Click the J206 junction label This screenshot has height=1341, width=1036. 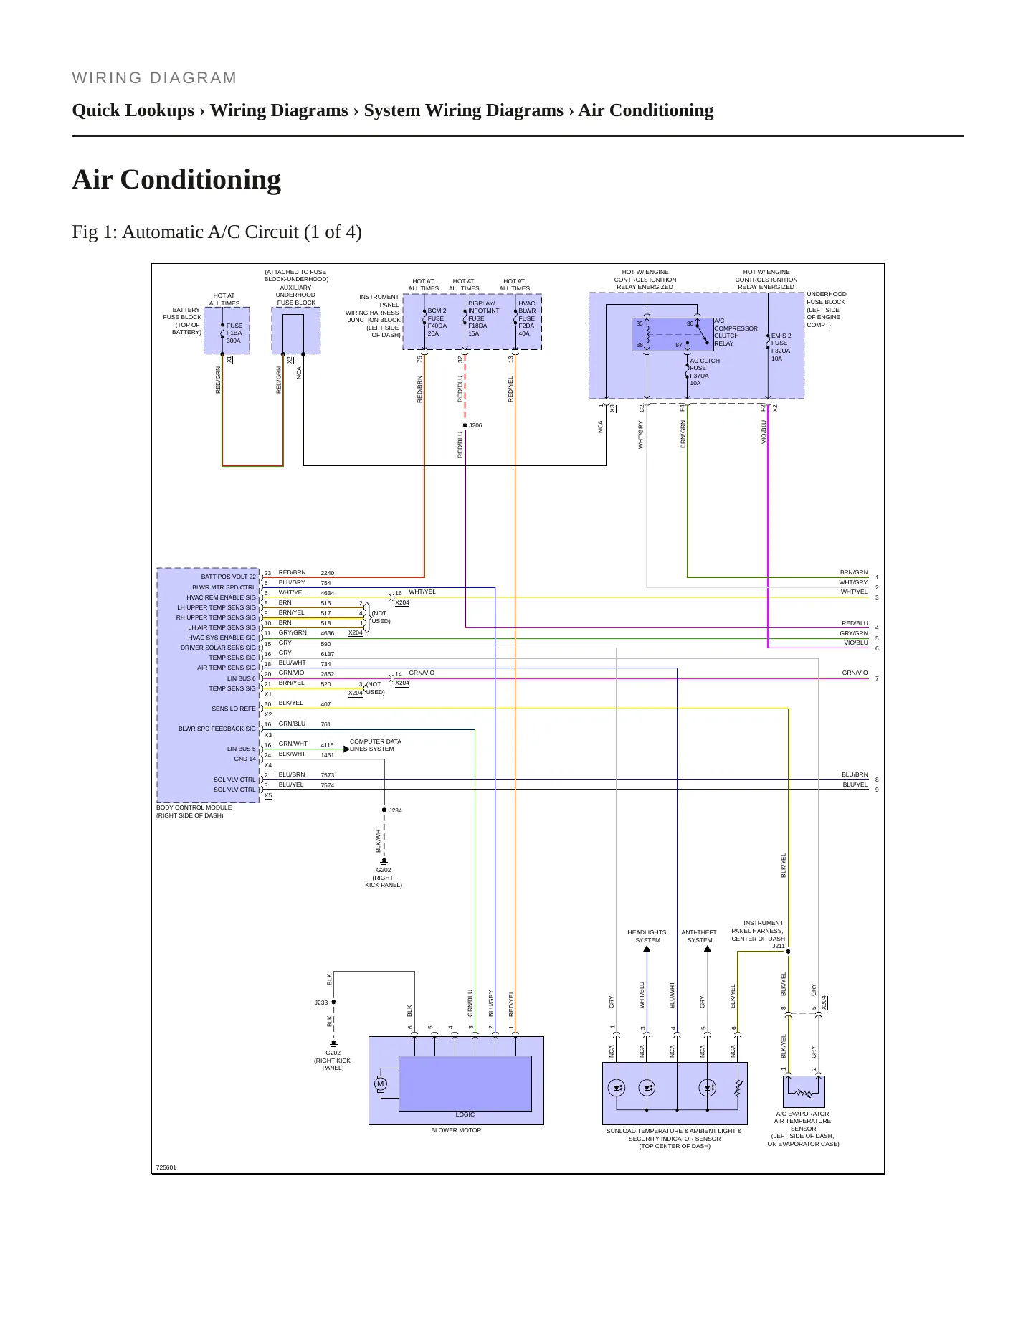(475, 425)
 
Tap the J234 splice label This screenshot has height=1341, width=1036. (395, 810)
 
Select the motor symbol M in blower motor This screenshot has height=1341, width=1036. (381, 1084)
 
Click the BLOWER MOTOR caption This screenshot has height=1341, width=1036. (456, 1130)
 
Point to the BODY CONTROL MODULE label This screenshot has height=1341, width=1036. (194, 807)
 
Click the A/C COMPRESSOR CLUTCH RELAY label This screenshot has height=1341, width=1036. (736, 332)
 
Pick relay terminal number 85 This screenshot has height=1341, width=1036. (640, 323)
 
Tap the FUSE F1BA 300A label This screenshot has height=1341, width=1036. (234, 333)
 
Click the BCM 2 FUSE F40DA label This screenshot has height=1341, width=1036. (437, 322)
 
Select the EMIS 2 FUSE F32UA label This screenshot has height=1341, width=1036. (781, 347)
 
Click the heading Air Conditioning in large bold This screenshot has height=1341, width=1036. (176, 179)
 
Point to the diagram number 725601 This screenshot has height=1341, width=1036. (166, 1167)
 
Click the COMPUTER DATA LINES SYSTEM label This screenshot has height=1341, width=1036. (375, 745)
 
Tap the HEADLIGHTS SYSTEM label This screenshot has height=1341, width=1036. (647, 936)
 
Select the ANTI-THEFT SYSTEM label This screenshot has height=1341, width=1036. (699, 936)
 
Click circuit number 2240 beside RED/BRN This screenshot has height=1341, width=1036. (328, 573)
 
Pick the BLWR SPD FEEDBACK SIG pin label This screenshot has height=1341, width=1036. (217, 729)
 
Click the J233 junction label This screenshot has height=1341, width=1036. (320, 1003)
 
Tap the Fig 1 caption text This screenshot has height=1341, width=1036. (217, 232)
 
